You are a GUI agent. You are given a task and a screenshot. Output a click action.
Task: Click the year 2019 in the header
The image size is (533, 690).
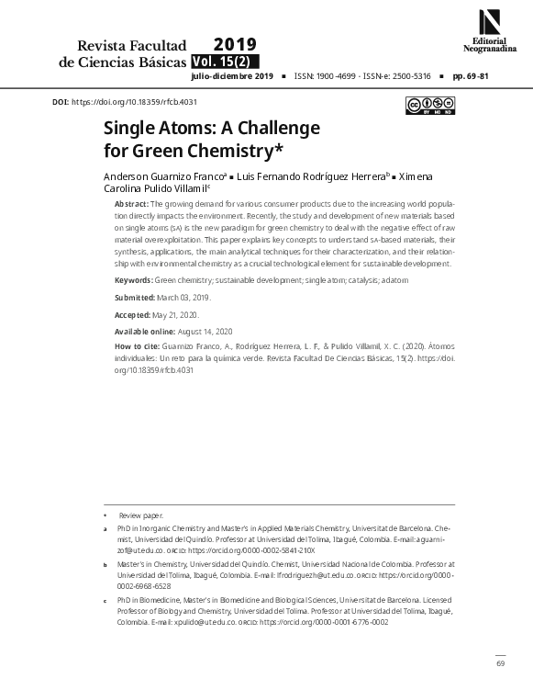(x=235, y=44)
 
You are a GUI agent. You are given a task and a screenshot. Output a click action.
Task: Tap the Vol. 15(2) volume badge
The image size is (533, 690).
(x=226, y=62)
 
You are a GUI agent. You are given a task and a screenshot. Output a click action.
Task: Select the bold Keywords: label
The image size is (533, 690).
(x=133, y=279)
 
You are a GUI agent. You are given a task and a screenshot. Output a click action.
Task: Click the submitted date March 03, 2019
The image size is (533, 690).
(x=184, y=297)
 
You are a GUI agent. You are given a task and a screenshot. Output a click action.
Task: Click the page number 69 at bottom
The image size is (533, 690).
(x=500, y=663)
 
